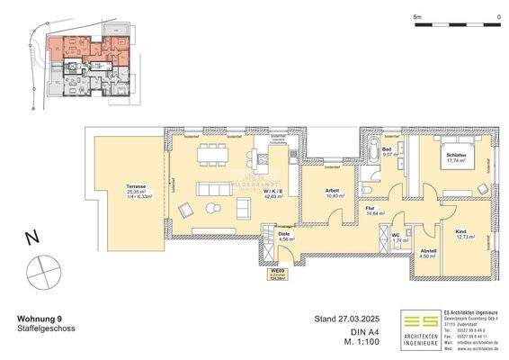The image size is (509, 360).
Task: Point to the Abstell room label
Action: [x=428, y=250]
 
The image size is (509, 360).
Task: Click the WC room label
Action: [x=394, y=236]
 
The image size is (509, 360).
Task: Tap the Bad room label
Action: [x=386, y=149]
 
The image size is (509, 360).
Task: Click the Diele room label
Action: [x=258, y=235]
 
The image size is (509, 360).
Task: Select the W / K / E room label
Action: [x=275, y=192]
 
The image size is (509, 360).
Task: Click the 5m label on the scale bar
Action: [x=416, y=16]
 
